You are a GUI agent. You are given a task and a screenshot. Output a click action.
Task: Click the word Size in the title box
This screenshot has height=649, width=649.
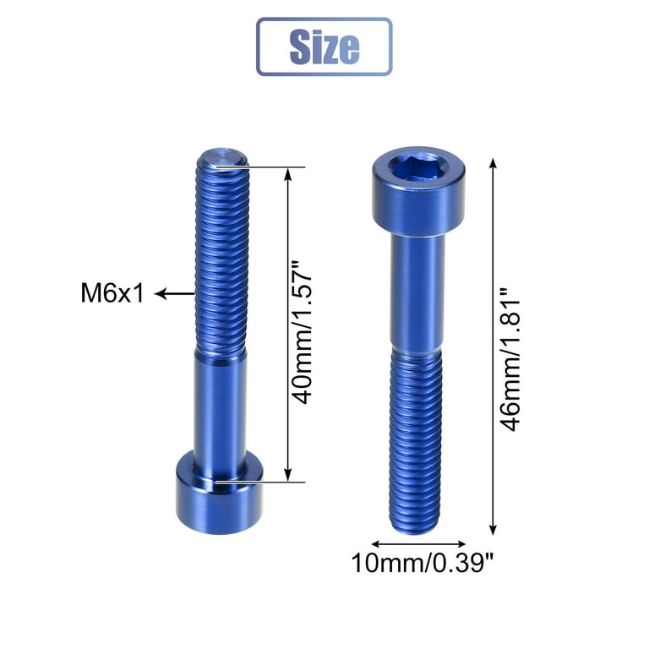coord(324,46)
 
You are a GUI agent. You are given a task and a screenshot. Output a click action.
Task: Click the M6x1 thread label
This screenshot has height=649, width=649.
coord(112,293)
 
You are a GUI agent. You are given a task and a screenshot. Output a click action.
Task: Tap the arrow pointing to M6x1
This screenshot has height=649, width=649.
coord(174,294)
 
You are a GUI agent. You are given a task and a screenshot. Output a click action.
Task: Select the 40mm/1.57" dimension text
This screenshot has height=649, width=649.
coord(301,333)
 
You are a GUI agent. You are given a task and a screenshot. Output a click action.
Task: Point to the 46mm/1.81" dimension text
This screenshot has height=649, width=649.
coord(510,360)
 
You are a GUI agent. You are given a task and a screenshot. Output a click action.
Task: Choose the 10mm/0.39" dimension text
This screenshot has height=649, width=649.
coord(423,563)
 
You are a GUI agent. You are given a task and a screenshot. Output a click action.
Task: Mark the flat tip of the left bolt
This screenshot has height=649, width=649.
coord(222,157)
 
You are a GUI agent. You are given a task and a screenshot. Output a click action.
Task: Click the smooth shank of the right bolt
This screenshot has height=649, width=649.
coord(417,292)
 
